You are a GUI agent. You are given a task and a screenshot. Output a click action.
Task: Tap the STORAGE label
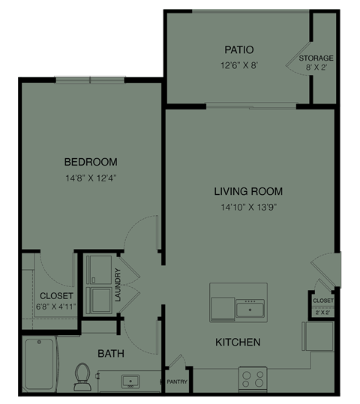click(x=316, y=58)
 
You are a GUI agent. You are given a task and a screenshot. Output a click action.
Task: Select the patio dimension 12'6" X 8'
click(x=238, y=64)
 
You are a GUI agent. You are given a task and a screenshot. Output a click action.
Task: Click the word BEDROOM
click(x=90, y=162)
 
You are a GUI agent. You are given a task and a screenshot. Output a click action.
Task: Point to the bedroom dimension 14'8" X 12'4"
click(x=90, y=178)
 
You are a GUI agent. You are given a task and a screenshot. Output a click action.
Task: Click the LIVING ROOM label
click(x=248, y=191)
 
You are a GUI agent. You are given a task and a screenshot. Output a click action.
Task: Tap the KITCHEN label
click(x=238, y=343)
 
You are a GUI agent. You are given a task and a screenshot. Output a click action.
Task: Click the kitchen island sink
click(x=250, y=307)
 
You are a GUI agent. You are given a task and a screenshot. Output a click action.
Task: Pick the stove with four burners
click(x=252, y=379)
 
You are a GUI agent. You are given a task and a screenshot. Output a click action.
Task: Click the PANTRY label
click(x=177, y=381)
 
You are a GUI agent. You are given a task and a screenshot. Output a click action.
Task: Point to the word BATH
click(x=110, y=353)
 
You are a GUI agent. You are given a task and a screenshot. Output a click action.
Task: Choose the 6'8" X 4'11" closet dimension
click(x=56, y=307)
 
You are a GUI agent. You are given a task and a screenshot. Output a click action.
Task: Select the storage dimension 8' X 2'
click(x=316, y=67)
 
